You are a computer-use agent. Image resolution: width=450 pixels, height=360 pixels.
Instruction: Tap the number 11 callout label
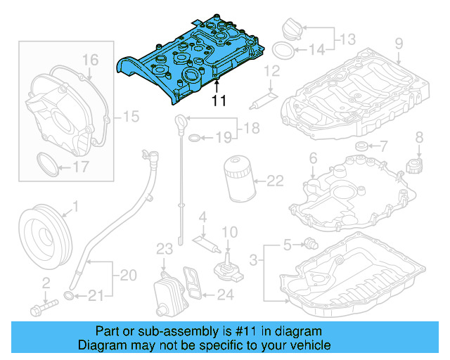coord(219,100)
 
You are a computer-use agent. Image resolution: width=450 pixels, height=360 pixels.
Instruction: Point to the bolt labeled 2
coord(43,307)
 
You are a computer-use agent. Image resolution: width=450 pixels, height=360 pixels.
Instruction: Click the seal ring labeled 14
coord(281,51)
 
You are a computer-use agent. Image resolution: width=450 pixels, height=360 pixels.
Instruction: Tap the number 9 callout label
coord(398,44)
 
